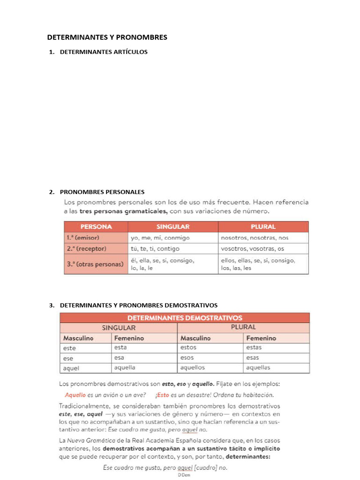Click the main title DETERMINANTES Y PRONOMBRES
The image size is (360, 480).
tap(107, 37)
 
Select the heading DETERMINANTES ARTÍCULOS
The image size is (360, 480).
tap(104, 52)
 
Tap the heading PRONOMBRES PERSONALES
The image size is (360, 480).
tap(102, 192)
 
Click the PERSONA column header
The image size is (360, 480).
tap(96, 227)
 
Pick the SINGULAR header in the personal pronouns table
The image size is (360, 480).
tap(173, 227)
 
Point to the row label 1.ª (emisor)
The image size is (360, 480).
tap(83, 238)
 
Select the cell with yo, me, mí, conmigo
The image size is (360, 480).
tap(160, 238)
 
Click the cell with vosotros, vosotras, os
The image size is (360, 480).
tap(253, 249)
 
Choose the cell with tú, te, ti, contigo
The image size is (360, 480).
tap(155, 249)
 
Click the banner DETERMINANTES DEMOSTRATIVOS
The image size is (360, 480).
tap(185, 318)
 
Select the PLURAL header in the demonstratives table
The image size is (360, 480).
tap(243, 327)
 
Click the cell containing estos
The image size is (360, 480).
tap(188, 347)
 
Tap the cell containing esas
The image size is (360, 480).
tap(253, 358)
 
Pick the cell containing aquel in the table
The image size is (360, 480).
tap(72, 368)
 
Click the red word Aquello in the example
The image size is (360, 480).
tap(75, 395)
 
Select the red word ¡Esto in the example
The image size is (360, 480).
tap(163, 395)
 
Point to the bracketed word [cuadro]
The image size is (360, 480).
tap(208, 468)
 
